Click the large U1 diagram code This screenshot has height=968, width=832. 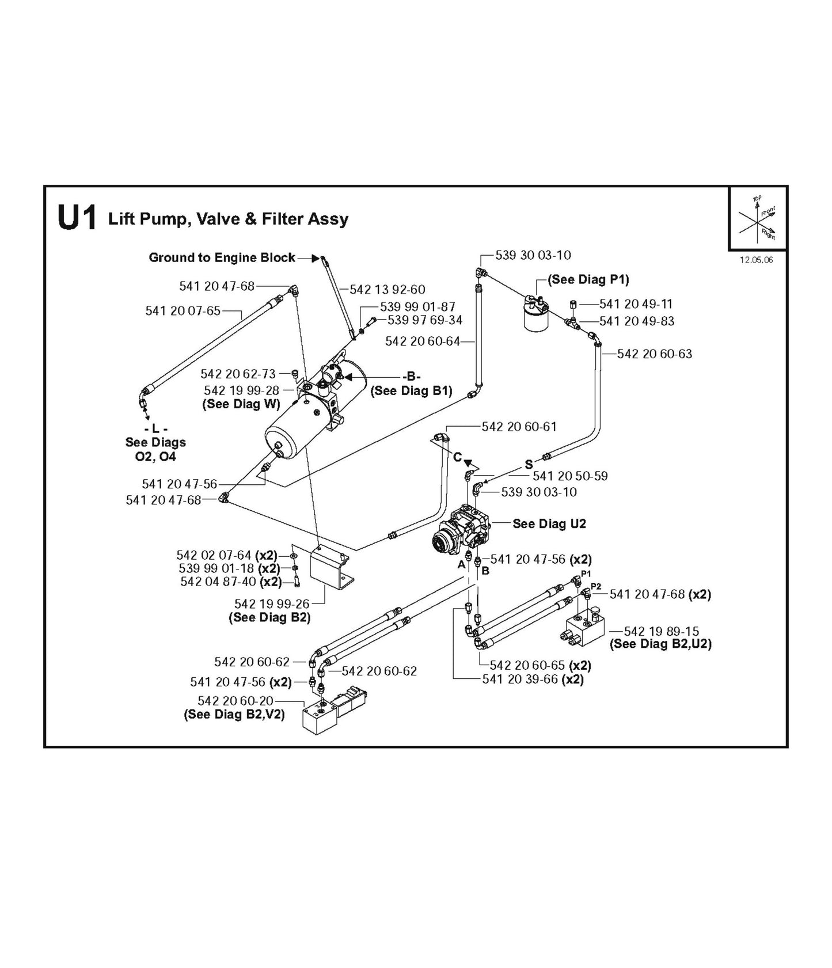click(77, 219)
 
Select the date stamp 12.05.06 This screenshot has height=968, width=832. click(756, 260)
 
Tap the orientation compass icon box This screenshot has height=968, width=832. click(758, 218)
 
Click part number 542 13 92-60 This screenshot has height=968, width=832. click(387, 290)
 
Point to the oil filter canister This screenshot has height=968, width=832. click(536, 316)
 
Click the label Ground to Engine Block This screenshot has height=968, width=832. click(222, 257)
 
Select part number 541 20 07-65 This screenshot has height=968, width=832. click(183, 311)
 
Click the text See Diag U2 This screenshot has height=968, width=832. click(549, 523)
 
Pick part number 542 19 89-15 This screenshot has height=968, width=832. click(661, 631)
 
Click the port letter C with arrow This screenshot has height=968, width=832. click(457, 457)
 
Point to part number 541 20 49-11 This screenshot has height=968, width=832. click(636, 303)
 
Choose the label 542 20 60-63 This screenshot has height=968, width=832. click(654, 354)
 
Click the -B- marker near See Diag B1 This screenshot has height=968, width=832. click(411, 377)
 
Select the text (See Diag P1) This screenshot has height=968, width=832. click(588, 279)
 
